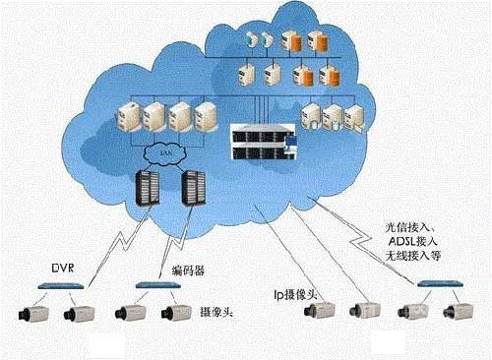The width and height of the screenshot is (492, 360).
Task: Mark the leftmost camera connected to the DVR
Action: [x=31, y=314]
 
